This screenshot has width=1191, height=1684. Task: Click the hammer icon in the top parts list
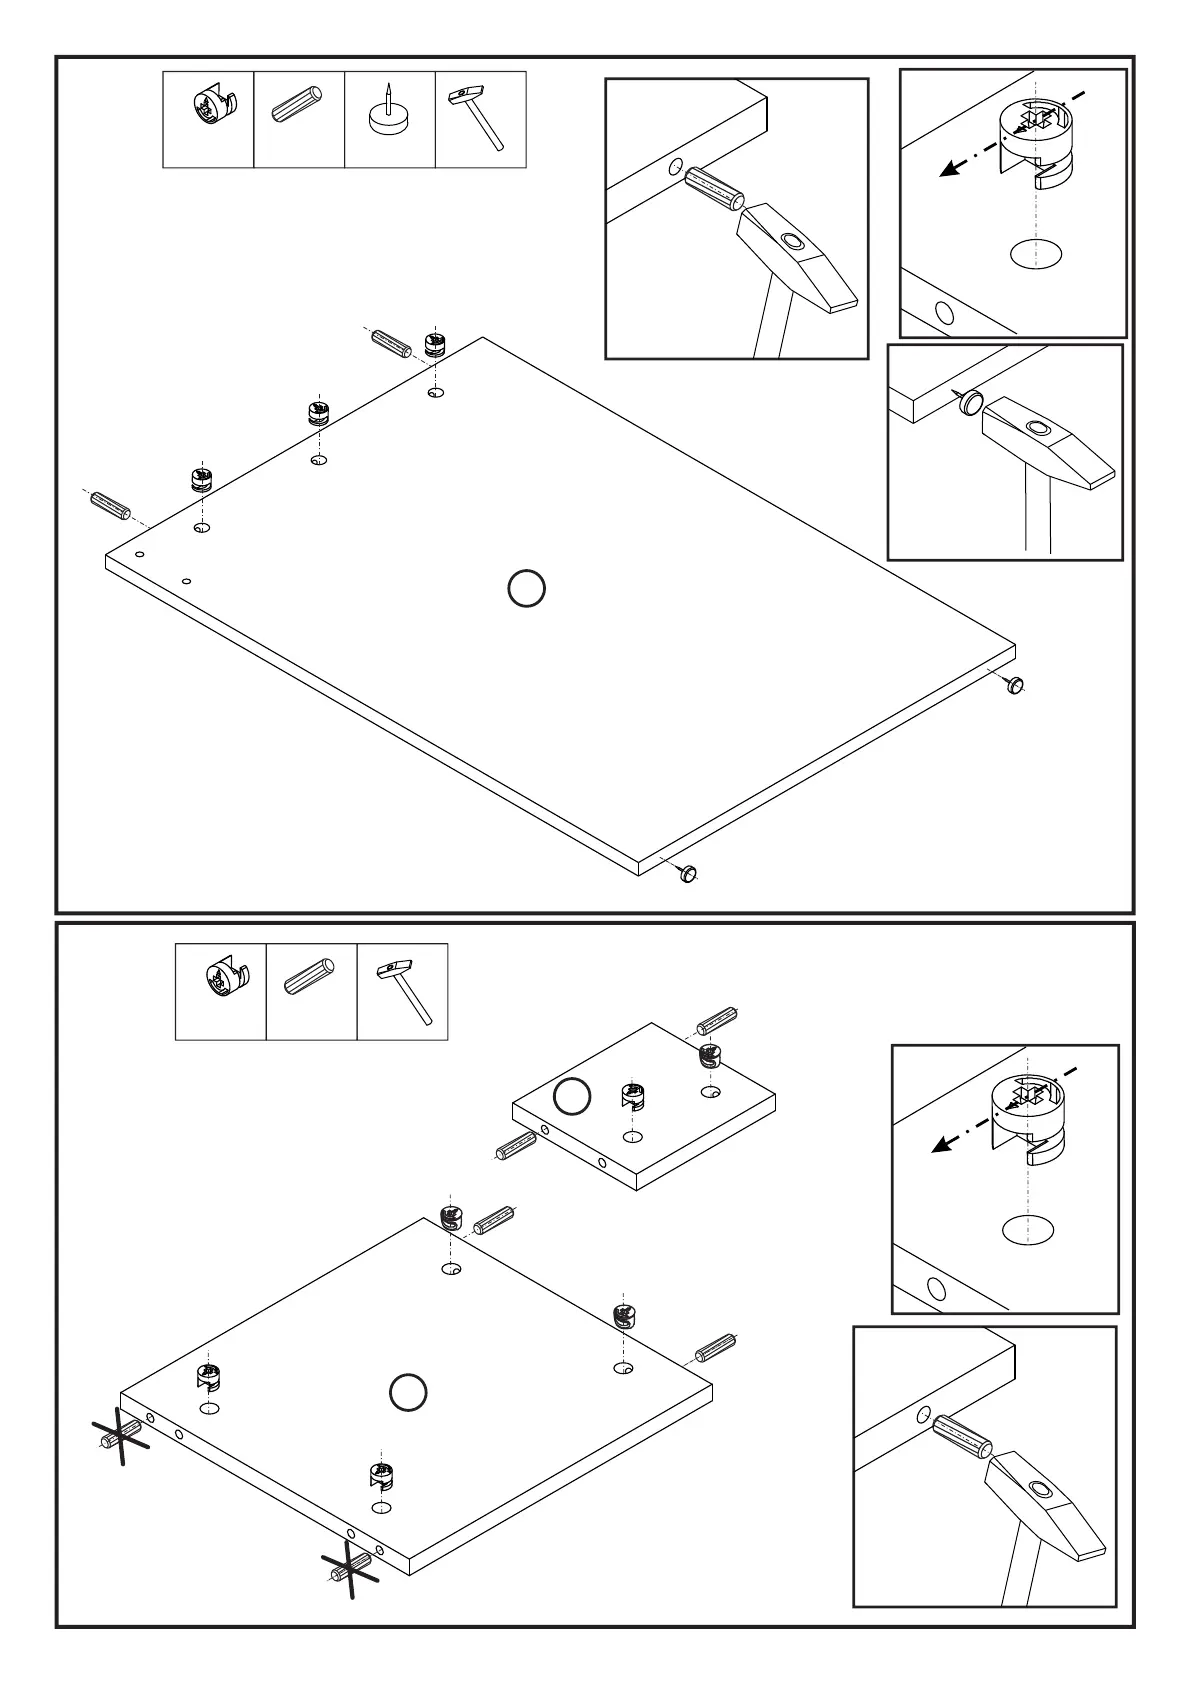(x=479, y=118)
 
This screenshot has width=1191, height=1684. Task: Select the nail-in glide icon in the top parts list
(x=389, y=118)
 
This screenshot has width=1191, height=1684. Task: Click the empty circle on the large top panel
(x=526, y=589)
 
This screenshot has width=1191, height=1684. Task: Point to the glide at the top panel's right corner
(x=1015, y=685)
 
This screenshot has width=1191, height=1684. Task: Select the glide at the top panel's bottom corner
(x=687, y=873)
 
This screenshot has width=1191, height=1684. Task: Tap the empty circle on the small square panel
(x=572, y=1097)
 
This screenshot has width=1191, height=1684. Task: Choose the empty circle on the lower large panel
(x=408, y=1392)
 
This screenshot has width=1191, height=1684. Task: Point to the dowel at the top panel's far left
(x=110, y=505)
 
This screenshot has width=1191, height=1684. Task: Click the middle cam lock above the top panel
(x=318, y=412)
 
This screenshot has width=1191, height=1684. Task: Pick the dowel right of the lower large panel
(x=715, y=1348)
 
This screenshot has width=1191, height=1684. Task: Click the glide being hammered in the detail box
(x=970, y=404)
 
